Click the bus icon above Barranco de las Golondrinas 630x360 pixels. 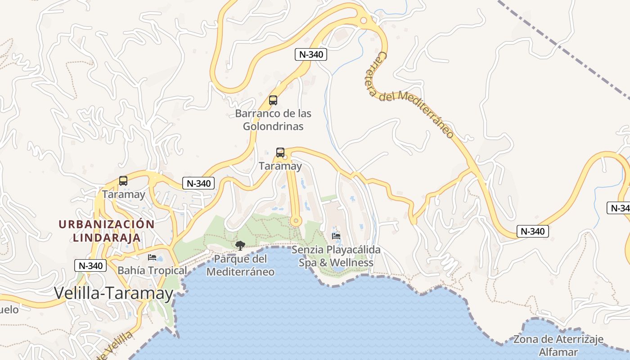(x=273, y=100)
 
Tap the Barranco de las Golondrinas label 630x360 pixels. (x=273, y=120)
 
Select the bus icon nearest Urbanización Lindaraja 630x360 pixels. (x=123, y=181)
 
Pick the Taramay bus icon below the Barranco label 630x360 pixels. (x=280, y=153)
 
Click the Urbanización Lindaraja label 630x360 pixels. (x=107, y=230)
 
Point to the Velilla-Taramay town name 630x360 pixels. (x=114, y=293)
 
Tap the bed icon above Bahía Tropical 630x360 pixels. (x=152, y=257)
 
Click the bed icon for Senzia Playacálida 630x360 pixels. (x=336, y=236)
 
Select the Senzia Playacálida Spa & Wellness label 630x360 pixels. (x=336, y=256)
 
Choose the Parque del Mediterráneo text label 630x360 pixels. (x=240, y=265)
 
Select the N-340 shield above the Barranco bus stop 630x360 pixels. (x=310, y=54)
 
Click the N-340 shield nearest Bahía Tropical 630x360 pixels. (x=91, y=265)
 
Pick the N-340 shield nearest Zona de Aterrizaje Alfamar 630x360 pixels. (x=532, y=231)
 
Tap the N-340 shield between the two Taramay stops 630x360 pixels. (x=198, y=183)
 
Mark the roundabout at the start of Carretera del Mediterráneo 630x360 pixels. (x=363, y=20)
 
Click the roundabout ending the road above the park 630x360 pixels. (x=295, y=221)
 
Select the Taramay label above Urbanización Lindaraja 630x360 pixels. (x=123, y=194)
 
